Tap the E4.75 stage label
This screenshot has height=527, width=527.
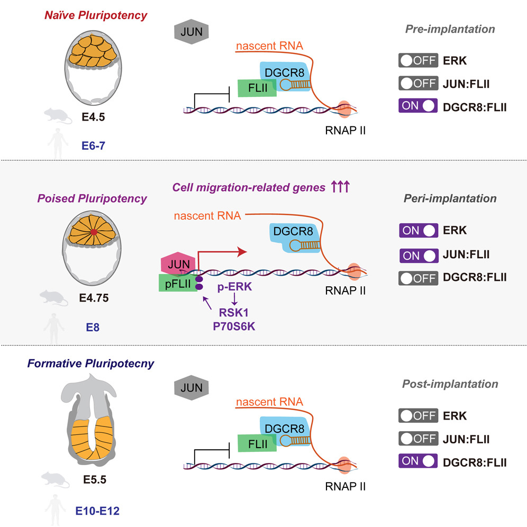[x=94, y=297]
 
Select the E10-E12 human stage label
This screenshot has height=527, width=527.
[x=94, y=511]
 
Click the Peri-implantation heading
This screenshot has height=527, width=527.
[x=450, y=199]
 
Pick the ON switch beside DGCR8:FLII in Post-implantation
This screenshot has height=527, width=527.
[x=418, y=461]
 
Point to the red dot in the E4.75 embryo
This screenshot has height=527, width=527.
[x=94, y=232]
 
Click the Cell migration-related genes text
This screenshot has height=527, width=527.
[x=249, y=187]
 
